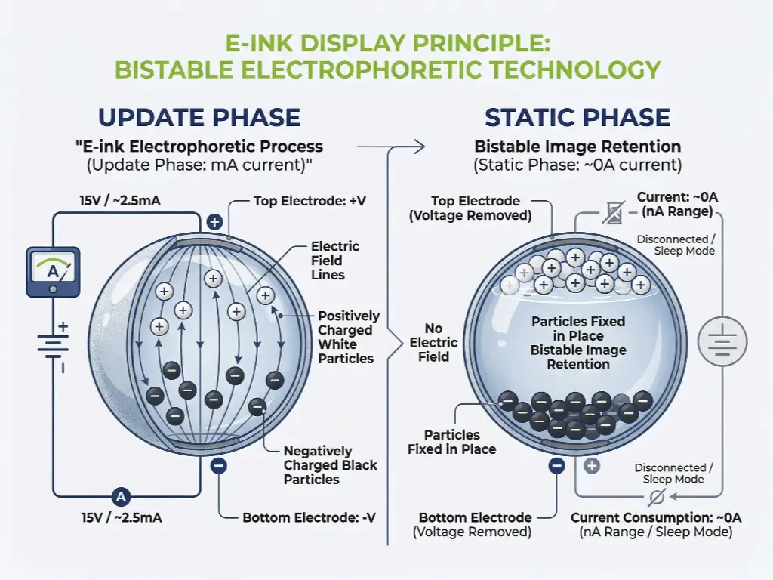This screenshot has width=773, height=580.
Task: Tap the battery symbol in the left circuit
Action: [x=52, y=347]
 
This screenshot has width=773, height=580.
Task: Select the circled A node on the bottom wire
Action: [x=121, y=496]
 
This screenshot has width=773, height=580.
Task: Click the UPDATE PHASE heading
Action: [x=199, y=118]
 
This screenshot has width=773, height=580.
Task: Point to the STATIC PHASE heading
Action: [x=577, y=118]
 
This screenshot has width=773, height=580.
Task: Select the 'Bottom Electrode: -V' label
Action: [x=309, y=518]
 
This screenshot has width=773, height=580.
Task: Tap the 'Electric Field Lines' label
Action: [x=334, y=261]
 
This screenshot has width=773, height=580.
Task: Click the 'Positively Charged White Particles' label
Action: [x=348, y=337]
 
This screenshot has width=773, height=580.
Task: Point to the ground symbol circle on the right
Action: [x=722, y=343]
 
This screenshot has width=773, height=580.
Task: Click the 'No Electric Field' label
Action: [x=433, y=342]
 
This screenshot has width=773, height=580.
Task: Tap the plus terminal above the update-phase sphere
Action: [x=214, y=222]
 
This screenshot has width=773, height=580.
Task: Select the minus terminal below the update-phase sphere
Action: [x=219, y=466]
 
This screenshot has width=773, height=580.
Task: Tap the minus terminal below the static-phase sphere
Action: [x=557, y=466]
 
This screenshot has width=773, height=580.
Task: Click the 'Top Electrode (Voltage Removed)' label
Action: [x=476, y=208]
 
